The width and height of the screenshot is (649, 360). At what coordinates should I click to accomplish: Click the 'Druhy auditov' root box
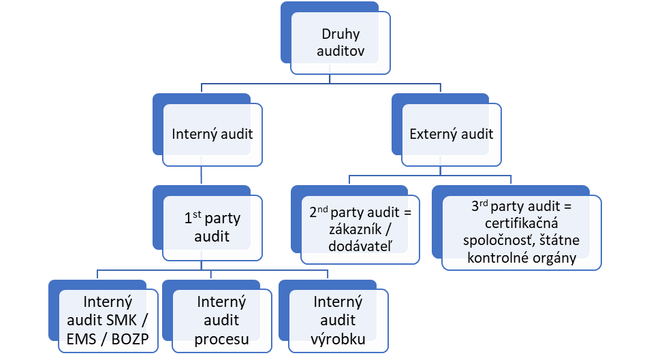(x=341, y=43)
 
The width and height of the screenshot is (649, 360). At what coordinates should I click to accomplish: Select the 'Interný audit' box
(x=212, y=134)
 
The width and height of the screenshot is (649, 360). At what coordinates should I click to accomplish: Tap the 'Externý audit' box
(x=451, y=134)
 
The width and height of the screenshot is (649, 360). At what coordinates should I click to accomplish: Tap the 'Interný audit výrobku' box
(x=338, y=320)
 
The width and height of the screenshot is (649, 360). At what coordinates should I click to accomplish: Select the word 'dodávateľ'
(x=357, y=246)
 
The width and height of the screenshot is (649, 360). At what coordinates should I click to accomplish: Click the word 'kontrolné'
(x=499, y=259)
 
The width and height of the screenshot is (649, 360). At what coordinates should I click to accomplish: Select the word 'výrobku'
(x=338, y=338)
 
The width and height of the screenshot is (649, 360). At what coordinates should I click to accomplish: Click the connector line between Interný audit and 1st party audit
(x=202, y=175)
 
